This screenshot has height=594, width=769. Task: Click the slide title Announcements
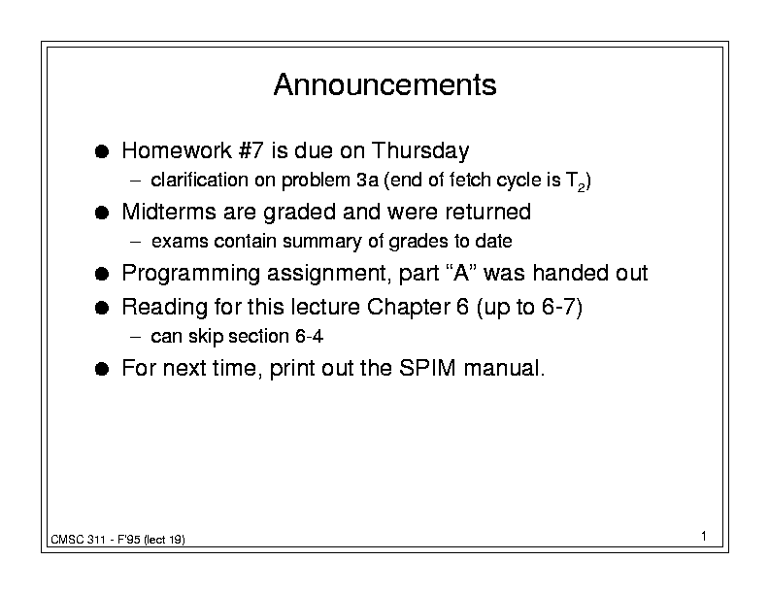coord(385,84)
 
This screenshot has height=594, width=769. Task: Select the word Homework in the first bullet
coord(177,150)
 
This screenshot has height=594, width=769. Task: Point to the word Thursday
coord(420,151)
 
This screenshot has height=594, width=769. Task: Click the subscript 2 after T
coord(581,187)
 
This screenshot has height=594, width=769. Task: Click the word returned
coord(488,212)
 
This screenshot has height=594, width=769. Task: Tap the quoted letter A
coord(462,273)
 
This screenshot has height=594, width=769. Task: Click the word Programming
coord(190,274)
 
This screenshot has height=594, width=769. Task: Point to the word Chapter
coord(408,308)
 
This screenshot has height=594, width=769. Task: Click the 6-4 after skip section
coord(309,336)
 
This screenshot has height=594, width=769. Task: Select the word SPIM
coord(427,368)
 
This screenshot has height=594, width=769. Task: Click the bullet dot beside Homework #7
coord(102,151)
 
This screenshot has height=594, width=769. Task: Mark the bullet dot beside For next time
coord(102,369)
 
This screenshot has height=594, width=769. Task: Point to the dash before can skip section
coord(136,337)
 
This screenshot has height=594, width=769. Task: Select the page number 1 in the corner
coord(704,536)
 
